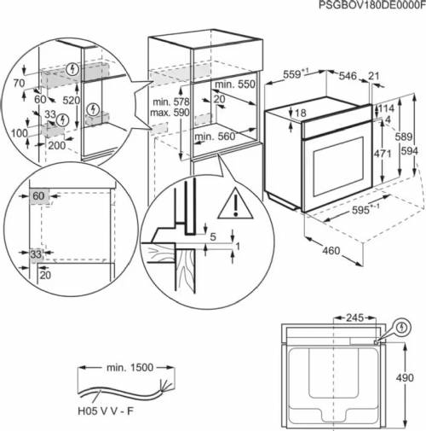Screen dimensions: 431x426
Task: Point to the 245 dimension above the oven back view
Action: [x=354, y=318]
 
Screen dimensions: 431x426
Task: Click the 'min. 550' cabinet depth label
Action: [x=235, y=86]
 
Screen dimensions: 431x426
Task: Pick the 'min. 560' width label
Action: [x=214, y=136]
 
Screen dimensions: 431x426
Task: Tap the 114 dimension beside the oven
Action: [x=389, y=109]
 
